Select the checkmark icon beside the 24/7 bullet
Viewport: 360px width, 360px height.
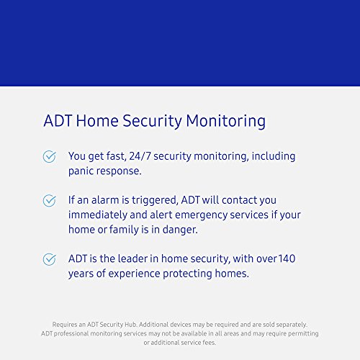49,156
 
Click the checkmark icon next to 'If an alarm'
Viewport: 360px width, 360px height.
49,200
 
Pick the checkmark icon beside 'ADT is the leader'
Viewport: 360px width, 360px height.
49,258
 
